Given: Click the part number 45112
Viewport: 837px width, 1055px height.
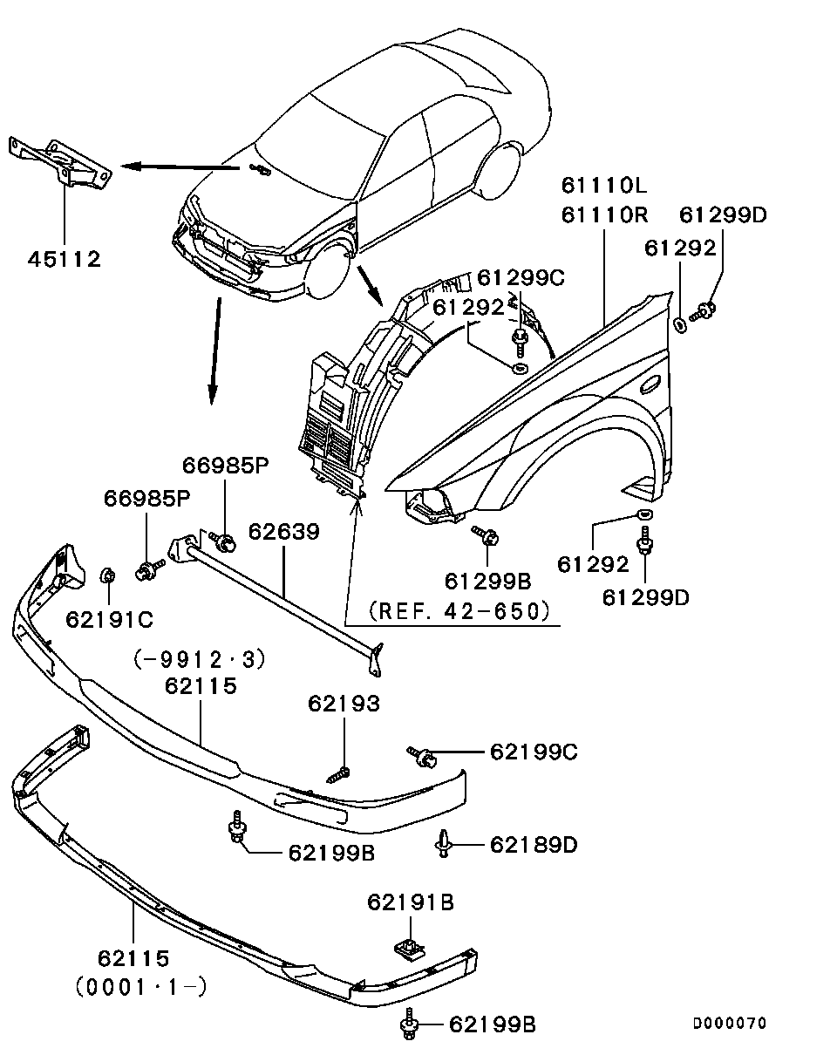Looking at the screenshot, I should [x=64, y=259].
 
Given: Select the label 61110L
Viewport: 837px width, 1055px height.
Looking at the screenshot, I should [x=604, y=186].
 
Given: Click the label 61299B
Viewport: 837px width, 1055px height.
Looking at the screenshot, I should [x=488, y=581].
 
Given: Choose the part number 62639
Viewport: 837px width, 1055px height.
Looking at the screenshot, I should [x=283, y=531].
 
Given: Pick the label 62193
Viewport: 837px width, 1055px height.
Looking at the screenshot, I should [x=344, y=704].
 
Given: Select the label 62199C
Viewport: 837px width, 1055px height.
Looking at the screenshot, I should [x=533, y=752].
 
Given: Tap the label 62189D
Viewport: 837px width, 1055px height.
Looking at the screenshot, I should [x=533, y=844].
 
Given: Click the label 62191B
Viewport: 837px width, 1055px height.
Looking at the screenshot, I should [x=410, y=902].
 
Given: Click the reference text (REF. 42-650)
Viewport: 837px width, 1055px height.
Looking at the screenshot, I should [x=460, y=611].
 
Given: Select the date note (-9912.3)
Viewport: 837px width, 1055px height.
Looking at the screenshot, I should [x=200, y=658].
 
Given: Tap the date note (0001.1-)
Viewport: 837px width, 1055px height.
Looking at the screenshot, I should [x=140, y=987].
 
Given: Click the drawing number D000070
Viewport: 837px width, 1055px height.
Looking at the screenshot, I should [x=729, y=1023].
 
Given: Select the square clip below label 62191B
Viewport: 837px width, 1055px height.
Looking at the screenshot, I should [x=404, y=948].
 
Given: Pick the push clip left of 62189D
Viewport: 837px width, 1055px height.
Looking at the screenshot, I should [x=446, y=843].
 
